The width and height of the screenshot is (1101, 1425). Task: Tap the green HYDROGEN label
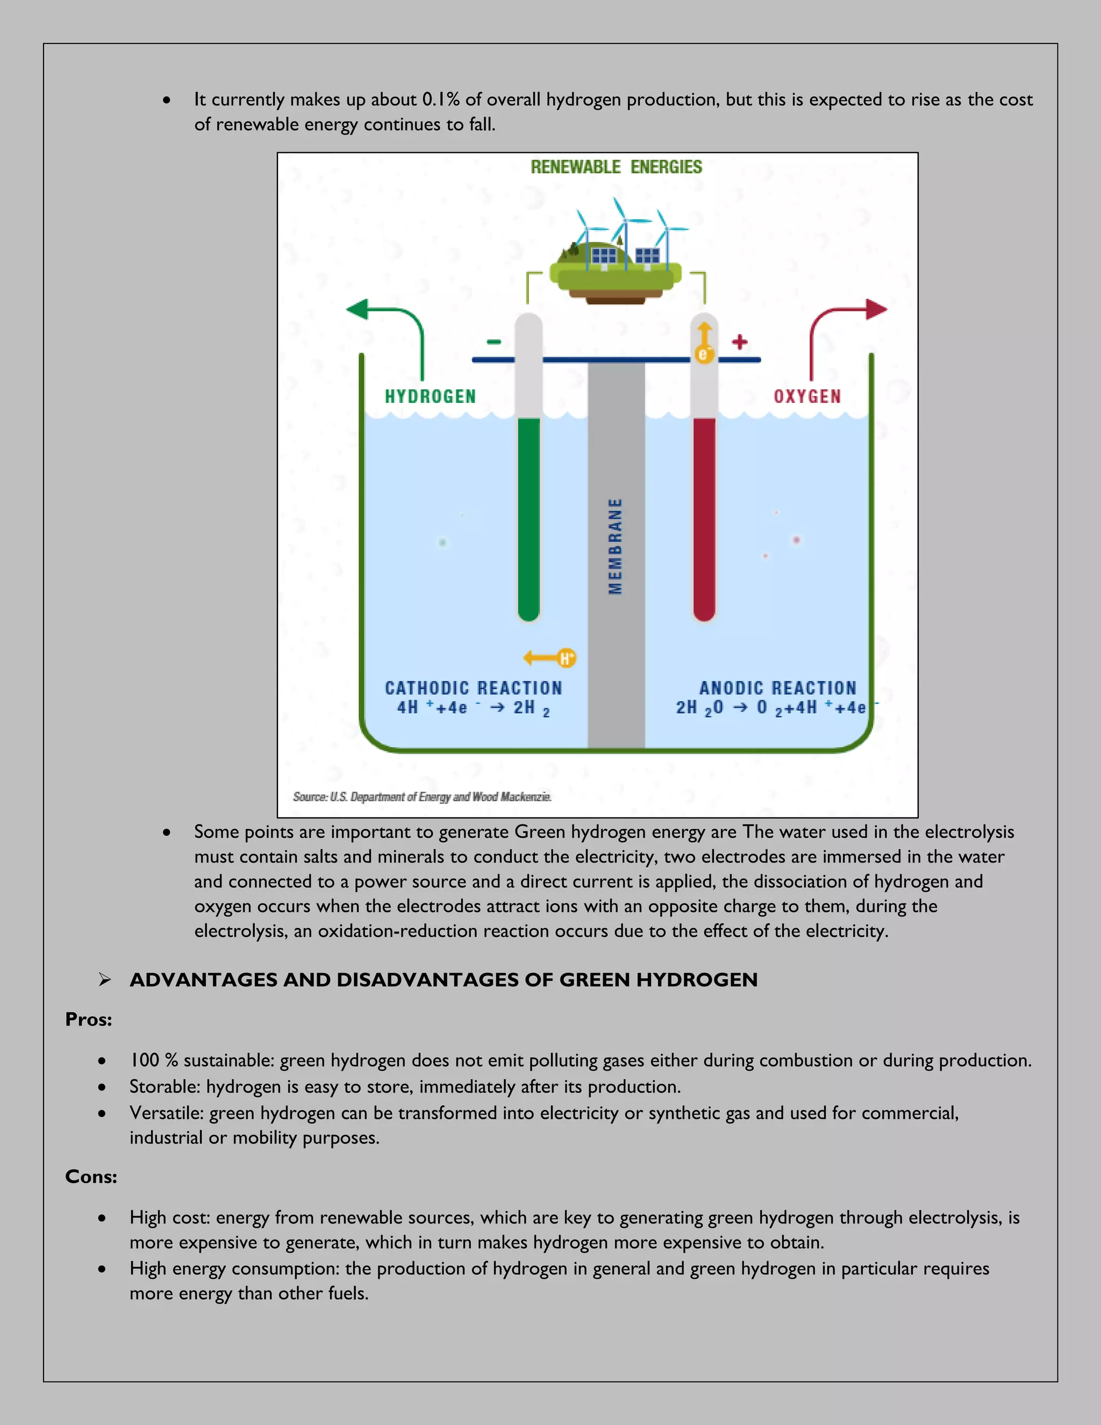point(431,397)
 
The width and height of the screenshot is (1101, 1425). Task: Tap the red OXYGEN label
point(807,397)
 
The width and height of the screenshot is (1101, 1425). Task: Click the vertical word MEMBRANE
point(615,546)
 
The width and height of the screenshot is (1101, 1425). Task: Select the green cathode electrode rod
point(528,519)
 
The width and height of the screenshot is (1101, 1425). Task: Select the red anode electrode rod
point(704,519)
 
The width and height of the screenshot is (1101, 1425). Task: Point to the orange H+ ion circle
point(566,658)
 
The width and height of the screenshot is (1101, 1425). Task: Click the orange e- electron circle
point(704,354)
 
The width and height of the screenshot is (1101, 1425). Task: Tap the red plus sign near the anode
point(739,341)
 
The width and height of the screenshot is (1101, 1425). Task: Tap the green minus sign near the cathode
point(494,341)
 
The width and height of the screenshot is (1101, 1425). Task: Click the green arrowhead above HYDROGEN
point(358,309)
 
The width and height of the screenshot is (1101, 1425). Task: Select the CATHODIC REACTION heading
point(473,688)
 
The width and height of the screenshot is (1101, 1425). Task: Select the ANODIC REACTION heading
point(777,688)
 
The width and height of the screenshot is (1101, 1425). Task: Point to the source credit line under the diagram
point(422,797)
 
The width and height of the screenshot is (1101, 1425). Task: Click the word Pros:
point(89,1019)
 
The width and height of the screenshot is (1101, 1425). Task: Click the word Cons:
point(91,1177)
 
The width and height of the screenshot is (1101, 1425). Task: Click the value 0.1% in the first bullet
point(441,99)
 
